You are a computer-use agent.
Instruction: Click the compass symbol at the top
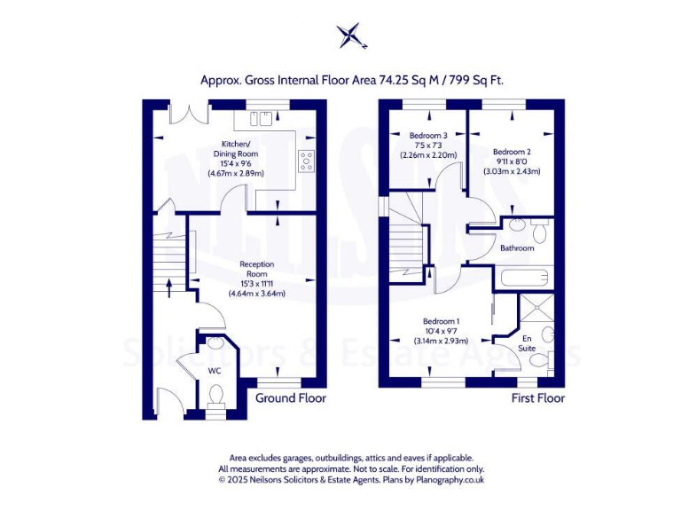tap(351, 35)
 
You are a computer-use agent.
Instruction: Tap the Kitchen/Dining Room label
tap(235, 158)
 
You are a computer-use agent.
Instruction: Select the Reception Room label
tap(257, 278)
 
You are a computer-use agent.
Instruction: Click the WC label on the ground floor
tap(214, 370)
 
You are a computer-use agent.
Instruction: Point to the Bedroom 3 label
tap(427, 145)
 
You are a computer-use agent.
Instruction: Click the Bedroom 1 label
tap(441, 330)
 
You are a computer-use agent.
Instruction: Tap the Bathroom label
tap(517, 248)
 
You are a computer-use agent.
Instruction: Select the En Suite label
tap(528, 342)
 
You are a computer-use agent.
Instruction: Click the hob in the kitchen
tap(307, 161)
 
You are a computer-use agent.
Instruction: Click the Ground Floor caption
tap(290, 398)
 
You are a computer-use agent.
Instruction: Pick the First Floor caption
tap(537, 398)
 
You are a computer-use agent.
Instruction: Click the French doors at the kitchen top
tap(189, 114)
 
